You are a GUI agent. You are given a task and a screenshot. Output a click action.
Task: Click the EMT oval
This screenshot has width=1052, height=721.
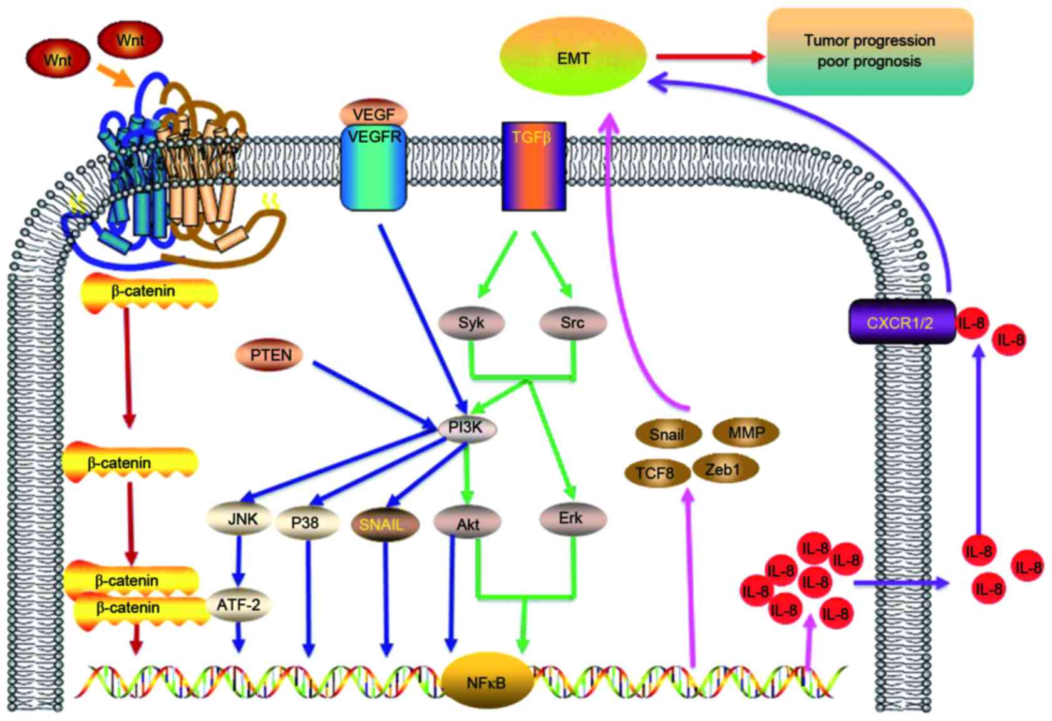point(573,56)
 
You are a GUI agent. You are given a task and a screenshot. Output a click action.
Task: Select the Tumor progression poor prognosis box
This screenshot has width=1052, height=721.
point(870,51)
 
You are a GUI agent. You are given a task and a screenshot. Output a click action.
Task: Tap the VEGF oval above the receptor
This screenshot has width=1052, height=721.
point(373,114)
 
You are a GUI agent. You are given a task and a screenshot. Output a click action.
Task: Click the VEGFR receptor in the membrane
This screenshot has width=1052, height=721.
point(373,166)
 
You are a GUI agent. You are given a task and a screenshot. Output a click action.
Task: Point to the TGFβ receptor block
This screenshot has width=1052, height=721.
point(534,166)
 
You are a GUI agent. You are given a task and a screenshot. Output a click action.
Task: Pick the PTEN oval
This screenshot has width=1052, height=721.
point(269,355)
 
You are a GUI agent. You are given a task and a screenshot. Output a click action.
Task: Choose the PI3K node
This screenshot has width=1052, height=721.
point(467,427)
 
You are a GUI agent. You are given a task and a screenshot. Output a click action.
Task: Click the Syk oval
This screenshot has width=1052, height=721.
point(471,323)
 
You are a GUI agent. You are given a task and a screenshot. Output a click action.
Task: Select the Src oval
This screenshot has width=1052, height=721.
point(572,323)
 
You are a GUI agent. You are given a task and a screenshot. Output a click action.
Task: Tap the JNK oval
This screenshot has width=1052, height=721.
point(239,519)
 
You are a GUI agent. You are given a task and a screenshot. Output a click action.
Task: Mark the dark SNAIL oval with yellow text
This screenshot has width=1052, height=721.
point(385,524)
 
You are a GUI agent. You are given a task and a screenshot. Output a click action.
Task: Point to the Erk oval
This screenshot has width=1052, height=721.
point(573,519)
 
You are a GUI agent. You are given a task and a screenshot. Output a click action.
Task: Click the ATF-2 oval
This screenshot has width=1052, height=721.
point(239,605)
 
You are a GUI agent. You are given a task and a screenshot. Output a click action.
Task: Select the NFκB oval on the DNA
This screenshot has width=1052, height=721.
point(487,682)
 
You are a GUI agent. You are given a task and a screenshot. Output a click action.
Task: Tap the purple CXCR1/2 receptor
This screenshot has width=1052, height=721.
point(902,322)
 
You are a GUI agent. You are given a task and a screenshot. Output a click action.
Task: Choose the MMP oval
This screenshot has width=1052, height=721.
point(746,432)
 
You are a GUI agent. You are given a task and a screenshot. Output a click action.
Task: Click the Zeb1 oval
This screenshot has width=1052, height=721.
point(725,468)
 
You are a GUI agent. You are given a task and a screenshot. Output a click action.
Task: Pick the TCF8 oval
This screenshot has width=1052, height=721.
point(657,473)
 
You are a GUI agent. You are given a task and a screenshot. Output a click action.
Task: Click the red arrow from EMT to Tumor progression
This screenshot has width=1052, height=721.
point(711,58)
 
